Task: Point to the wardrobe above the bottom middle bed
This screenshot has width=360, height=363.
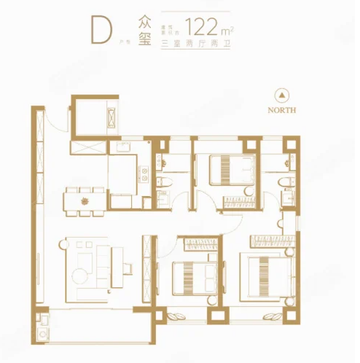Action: tap(197, 242)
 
